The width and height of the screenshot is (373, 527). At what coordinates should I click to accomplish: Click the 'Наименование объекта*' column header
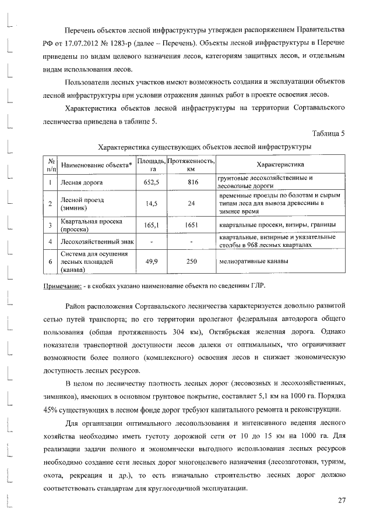tap(96, 165)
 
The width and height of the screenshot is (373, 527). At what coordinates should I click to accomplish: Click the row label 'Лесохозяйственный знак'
tap(96, 241)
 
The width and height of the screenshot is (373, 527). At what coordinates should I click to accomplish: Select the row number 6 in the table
tap(51, 261)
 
